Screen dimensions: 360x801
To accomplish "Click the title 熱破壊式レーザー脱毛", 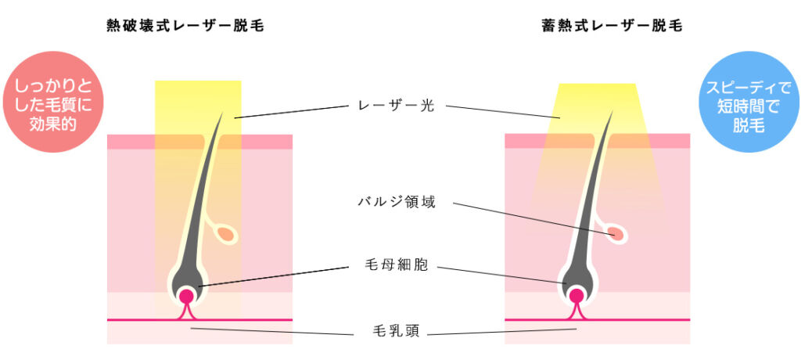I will [185, 26].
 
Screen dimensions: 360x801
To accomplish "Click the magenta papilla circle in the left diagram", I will [186, 297].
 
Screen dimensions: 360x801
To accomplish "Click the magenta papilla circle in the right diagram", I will [577, 297].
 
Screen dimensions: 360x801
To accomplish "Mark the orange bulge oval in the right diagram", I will [616, 233].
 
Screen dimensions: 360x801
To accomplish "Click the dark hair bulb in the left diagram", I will [186, 280].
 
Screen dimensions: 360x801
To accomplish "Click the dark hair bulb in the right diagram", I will [577, 280].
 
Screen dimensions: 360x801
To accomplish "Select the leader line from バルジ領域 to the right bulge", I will [532, 218].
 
